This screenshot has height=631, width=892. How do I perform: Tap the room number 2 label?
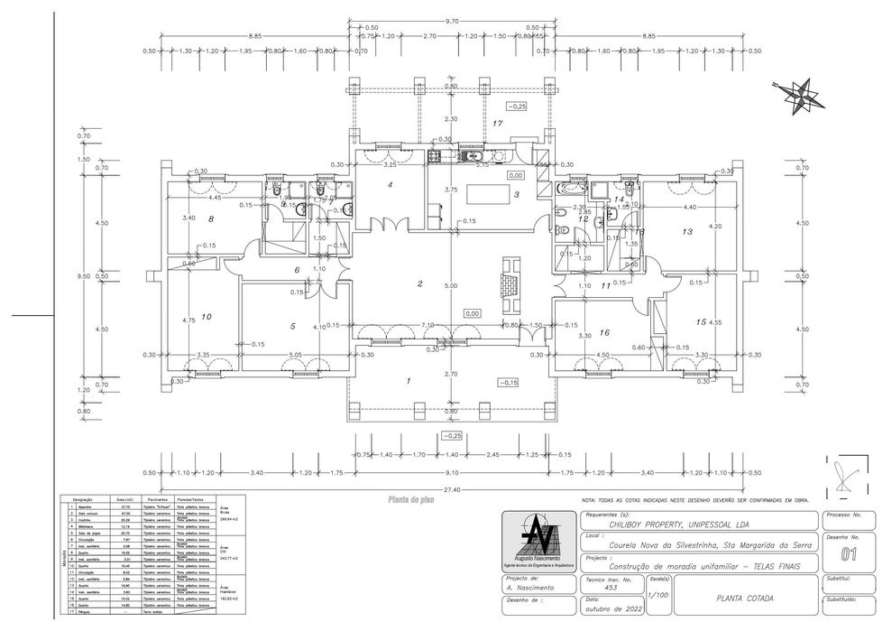click(419, 284)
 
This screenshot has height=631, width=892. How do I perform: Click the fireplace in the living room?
click(510, 281)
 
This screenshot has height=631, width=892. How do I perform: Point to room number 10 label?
click(206, 317)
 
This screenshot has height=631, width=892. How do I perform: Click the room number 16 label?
click(604, 332)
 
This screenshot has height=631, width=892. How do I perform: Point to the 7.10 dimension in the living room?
click(428, 323)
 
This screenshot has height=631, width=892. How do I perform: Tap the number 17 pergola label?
click(498, 123)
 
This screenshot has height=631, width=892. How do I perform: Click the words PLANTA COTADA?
click(743, 598)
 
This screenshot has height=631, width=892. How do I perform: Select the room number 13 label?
click(687, 232)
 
